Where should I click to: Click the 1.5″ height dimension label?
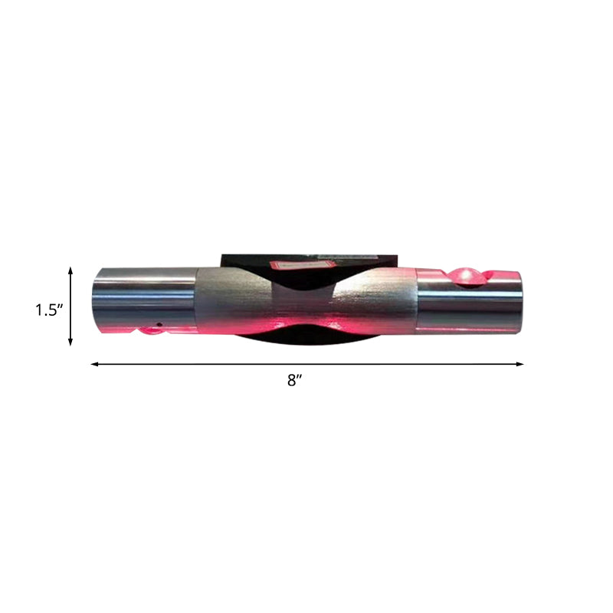[48, 310]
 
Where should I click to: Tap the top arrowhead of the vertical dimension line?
[71, 270]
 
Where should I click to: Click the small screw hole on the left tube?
[159, 324]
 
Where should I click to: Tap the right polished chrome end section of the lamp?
[471, 306]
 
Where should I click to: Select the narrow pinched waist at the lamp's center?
[306, 306]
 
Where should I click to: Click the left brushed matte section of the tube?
[230, 299]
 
